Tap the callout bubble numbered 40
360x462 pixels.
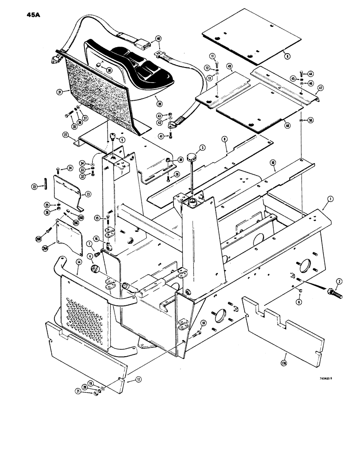coord(158,39)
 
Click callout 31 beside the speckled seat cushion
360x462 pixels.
coord(60,92)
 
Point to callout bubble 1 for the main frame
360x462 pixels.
coord(330,200)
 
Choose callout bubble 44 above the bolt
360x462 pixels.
coord(311,73)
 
